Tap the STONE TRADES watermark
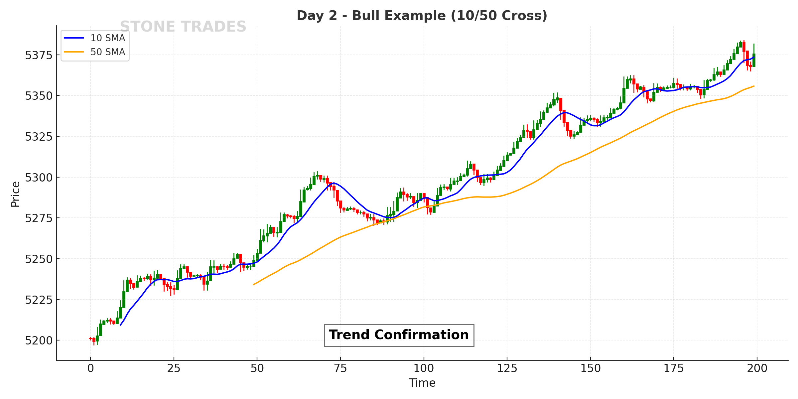coord(183,27)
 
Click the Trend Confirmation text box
coord(399,335)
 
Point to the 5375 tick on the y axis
coord(39,55)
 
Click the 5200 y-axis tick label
coord(39,340)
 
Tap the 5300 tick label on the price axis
coord(39,178)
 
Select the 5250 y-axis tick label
coord(39,259)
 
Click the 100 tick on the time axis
coord(424,368)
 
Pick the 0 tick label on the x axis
coord(90,368)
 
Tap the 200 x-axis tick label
coord(757,368)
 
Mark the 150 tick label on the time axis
coord(591,368)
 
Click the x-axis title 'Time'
coord(422,383)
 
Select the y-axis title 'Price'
coord(15,194)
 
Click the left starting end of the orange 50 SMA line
coord(254,284)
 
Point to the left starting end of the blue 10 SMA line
coord(120,325)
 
